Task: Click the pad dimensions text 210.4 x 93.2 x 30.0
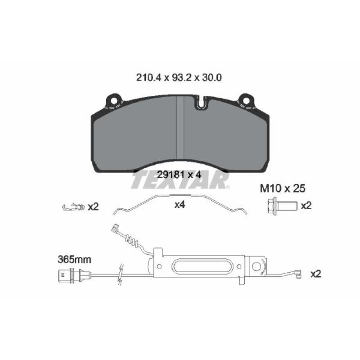179,78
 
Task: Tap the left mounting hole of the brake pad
113,101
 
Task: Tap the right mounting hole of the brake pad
246,101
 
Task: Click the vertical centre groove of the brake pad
180,127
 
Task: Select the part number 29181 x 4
179,175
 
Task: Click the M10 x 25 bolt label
283,189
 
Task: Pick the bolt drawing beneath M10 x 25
283,205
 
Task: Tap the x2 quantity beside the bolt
306,206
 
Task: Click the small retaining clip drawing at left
73,207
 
